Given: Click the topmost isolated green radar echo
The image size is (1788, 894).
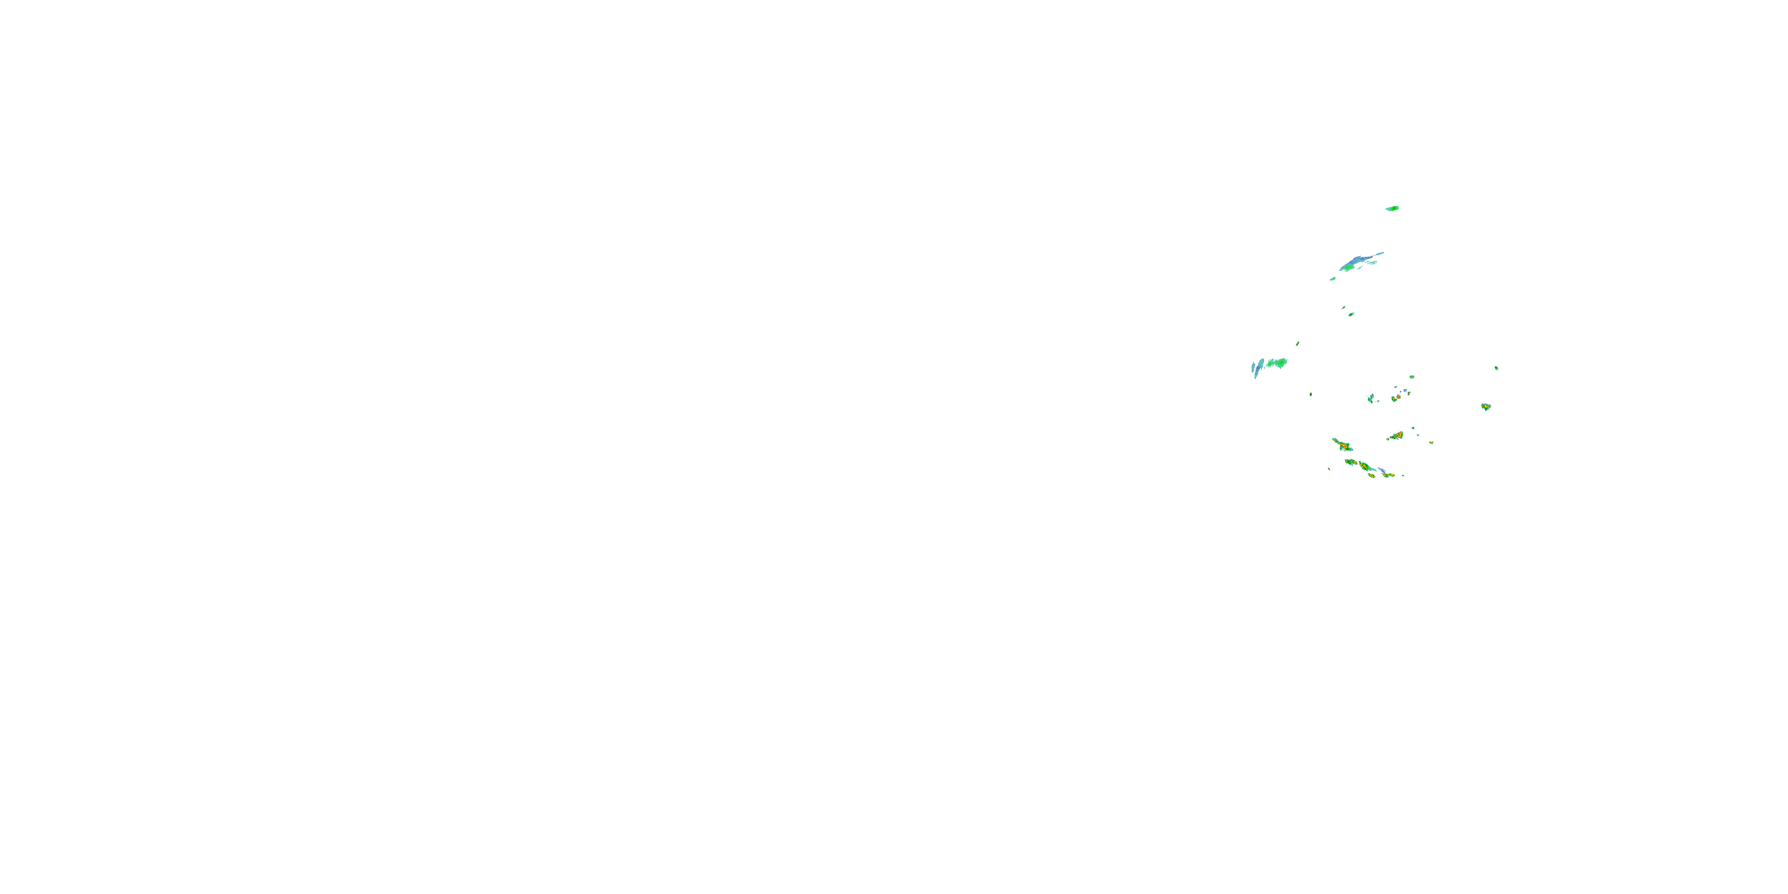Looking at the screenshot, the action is pos(1392,208).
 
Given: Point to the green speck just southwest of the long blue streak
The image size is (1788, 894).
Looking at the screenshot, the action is pos(1333,279).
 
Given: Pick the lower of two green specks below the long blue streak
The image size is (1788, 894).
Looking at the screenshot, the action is pos(1351,315).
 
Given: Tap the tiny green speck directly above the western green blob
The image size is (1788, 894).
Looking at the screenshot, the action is pos(1297,343).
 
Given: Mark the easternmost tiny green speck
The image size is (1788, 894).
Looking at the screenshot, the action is pos(1497,368).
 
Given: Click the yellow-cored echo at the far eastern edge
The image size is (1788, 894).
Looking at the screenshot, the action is pos(1485,406).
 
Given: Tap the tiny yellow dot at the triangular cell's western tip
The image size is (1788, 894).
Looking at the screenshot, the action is pos(1387,439).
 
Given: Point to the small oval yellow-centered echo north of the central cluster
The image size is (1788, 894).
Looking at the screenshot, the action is pos(1412,377).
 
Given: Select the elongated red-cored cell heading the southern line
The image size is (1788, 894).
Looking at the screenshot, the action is pos(1342,445).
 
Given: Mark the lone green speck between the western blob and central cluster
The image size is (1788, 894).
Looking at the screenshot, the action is pos(1311,394).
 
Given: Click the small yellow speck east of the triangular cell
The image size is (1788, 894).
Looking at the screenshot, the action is pos(1431,442).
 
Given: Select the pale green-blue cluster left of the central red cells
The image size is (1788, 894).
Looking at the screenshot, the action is pos(1371,398).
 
